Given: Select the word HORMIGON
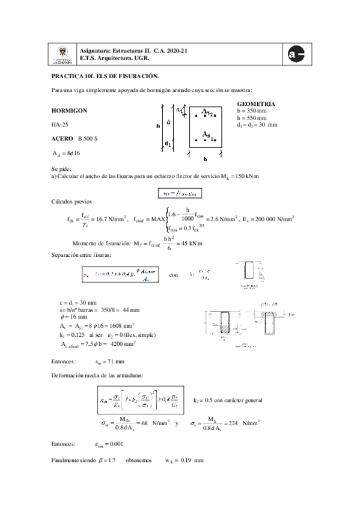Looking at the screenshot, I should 69,111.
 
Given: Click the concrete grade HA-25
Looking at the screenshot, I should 60,125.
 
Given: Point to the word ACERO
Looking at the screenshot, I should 62,139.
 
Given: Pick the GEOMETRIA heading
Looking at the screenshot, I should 257,103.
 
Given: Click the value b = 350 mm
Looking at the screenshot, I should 253,111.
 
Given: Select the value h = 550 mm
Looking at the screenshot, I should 253,118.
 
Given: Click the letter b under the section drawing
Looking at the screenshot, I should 205,160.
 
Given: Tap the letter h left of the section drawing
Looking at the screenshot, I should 157,126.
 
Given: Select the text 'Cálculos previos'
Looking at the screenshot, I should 72,201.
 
